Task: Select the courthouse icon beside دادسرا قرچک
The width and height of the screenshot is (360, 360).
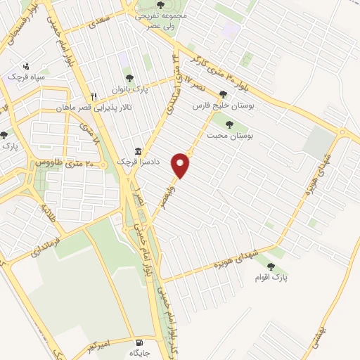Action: [138, 152]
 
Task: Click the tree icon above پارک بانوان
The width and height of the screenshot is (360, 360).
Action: [129, 78]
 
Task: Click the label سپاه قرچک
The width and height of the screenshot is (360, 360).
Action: [25, 77]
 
